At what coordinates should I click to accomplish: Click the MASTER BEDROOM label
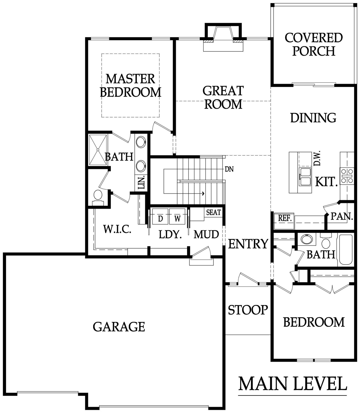point(130,85)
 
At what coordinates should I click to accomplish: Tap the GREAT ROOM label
point(223,97)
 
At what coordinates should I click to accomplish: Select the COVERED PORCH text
point(314,45)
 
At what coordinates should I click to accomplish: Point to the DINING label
point(313,118)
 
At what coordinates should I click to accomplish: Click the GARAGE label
point(119,326)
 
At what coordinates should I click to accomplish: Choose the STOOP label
point(248,310)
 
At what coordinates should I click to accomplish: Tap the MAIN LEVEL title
point(292,383)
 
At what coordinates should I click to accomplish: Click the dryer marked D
point(160,216)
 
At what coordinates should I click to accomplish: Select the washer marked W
point(178,216)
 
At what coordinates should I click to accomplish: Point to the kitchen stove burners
point(347,176)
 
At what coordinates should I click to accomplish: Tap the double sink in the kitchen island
point(305,176)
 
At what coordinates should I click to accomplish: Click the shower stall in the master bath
point(98,150)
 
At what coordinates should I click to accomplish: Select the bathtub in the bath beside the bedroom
point(346,249)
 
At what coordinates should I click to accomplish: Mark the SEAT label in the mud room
point(213,212)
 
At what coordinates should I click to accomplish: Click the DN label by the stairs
point(229,169)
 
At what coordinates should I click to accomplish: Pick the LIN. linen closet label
point(141,182)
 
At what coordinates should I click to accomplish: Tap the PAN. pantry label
point(342,216)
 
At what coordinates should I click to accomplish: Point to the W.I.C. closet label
point(117,229)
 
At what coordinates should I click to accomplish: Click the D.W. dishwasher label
point(317,158)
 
